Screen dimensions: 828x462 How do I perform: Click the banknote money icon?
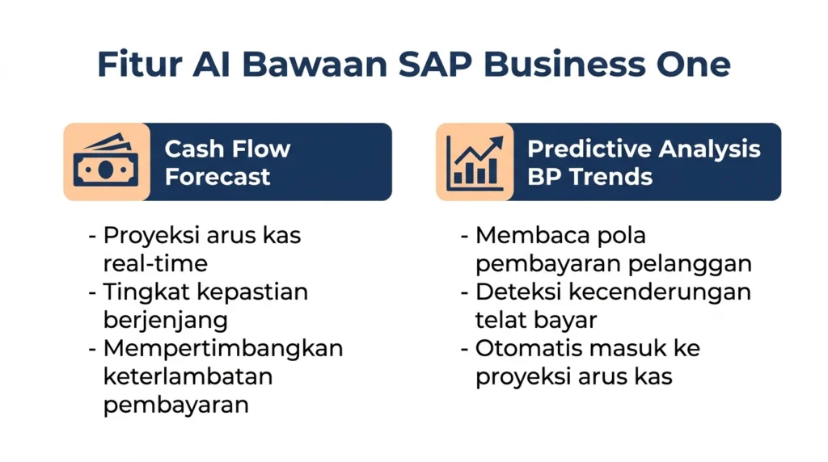[106, 161]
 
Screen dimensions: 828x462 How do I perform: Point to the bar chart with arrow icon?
[475, 163]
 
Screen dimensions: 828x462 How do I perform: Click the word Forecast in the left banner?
[217, 176]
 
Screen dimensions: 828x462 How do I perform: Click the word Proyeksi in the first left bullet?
[150, 236]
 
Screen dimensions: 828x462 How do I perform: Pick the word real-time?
[155, 263]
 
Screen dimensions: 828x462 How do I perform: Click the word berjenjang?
[165, 320]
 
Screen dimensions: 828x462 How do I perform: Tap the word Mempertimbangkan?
[223, 349]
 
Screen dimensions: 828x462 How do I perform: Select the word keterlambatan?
[188, 376]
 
